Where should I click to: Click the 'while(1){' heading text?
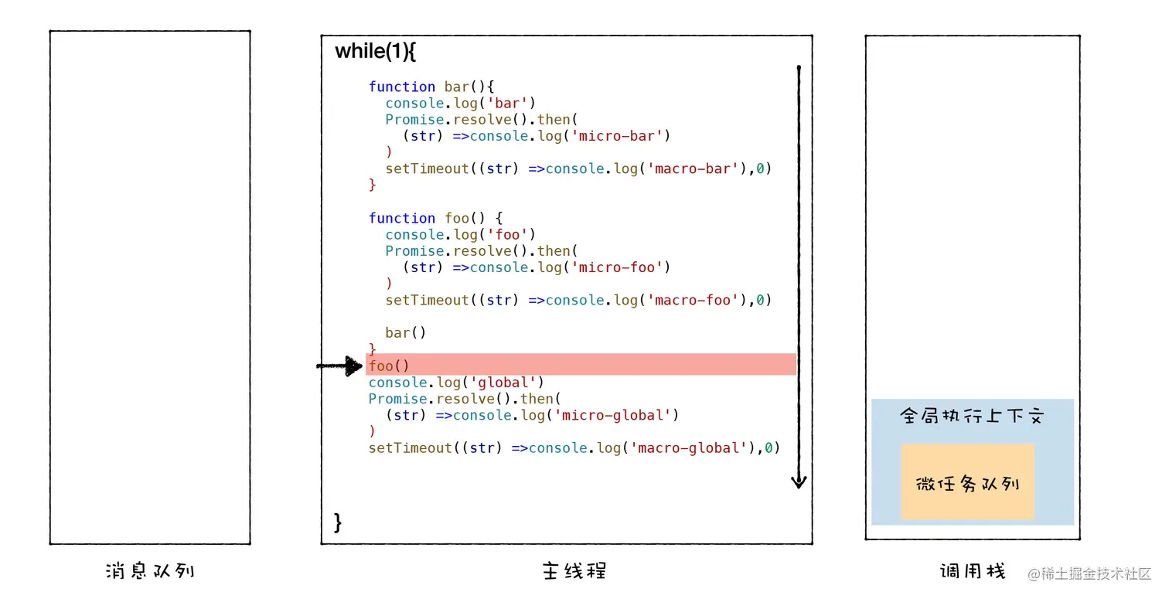(x=376, y=52)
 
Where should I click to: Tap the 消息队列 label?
(x=149, y=571)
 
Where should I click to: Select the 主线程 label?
(x=574, y=571)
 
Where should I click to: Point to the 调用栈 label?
(x=973, y=571)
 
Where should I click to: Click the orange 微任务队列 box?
(x=967, y=484)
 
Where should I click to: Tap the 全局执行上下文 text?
(x=972, y=416)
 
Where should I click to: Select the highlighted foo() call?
(x=389, y=366)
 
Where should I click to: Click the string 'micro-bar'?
(x=620, y=136)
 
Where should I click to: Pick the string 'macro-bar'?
(x=692, y=168)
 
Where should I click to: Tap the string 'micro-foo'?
(x=620, y=267)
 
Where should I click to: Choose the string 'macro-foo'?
(x=692, y=300)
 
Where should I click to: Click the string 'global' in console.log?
(x=506, y=383)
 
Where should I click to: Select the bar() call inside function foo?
(x=406, y=333)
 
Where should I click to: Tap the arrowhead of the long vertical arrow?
(x=799, y=482)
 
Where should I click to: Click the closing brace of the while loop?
(x=338, y=522)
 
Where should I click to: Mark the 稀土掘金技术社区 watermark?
(x=1089, y=573)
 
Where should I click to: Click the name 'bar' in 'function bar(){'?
(x=457, y=87)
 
